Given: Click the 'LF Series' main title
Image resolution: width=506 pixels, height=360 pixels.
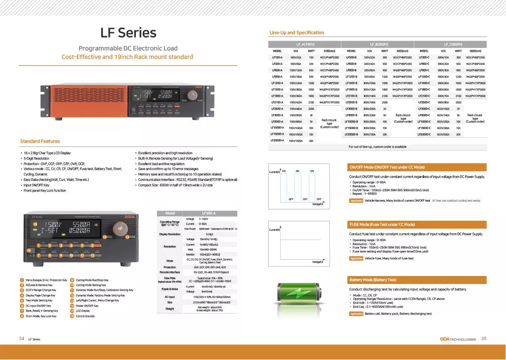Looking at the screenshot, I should [x=128, y=33].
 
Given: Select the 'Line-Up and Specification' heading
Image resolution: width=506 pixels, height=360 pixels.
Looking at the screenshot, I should [x=296, y=33].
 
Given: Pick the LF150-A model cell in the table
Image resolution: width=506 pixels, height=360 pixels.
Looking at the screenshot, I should [x=277, y=57].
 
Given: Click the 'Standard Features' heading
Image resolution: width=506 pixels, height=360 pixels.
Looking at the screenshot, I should [x=40, y=141].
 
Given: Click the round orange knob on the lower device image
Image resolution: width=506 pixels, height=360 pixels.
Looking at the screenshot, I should [x=120, y=229].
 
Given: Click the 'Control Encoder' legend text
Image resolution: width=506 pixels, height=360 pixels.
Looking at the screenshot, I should [x=86, y=317].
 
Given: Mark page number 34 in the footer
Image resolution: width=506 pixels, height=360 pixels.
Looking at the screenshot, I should [x=21, y=339].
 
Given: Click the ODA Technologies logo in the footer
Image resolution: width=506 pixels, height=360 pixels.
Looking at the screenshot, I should [x=458, y=339].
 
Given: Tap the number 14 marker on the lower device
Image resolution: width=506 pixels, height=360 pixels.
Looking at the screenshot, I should [x=29, y=250].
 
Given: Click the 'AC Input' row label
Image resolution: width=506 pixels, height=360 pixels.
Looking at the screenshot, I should [x=169, y=296].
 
